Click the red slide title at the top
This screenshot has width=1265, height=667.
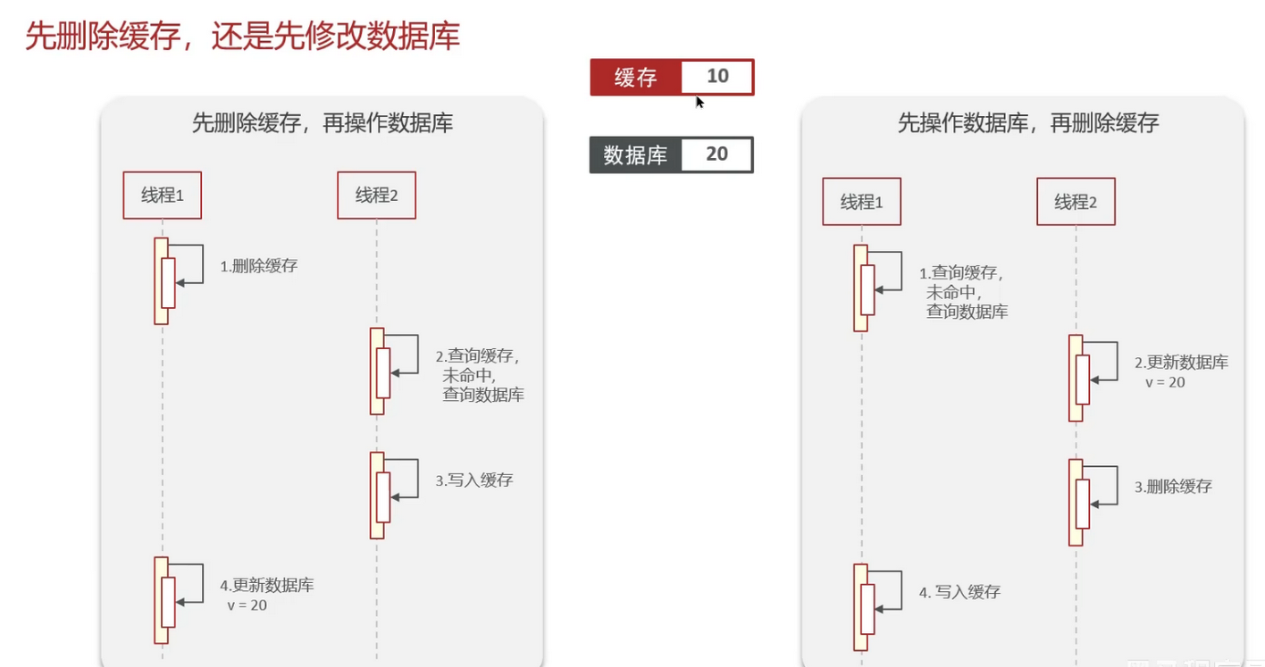tap(243, 36)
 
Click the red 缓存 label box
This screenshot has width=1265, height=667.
tap(636, 77)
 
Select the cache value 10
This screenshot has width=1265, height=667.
tap(717, 76)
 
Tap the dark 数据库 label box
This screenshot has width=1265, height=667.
tap(636, 154)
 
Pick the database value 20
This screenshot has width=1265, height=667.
tap(716, 154)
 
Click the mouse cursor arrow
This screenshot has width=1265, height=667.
tap(700, 102)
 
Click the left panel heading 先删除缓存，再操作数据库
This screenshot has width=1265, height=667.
tap(323, 123)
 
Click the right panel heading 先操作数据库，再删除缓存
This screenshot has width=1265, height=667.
tap(1028, 123)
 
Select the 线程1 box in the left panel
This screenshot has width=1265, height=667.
tap(163, 196)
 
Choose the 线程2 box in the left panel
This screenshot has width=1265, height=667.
tap(377, 196)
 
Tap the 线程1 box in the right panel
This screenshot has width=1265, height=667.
tap(862, 202)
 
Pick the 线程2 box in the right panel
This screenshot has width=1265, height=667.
tap(1076, 202)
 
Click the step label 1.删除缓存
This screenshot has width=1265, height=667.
tap(259, 266)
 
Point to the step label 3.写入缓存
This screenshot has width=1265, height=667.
tap(474, 480)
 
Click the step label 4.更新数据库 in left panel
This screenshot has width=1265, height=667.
tap(267, 595)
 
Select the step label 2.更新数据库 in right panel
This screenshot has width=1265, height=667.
tap(1181, 371)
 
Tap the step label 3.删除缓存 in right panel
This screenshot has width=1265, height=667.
tap(1174, 487)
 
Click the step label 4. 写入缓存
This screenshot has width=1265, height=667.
tap(960, 592)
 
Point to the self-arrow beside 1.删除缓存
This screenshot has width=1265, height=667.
tap(203, 264)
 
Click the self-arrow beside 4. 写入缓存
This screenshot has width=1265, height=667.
tap(901, 590)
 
